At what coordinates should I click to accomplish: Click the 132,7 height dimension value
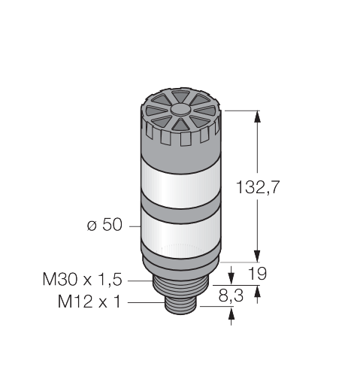pyautogui.click(x=258, y=187)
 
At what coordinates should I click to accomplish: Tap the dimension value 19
pyautogui.click(x=257, y=274)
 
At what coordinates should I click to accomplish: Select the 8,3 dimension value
pyautogui.click(x=231, y=296)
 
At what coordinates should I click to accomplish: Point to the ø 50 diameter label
pyautogui.click(x=104, y=224)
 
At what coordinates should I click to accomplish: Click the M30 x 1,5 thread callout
pyautogui.click(x=82, y=279)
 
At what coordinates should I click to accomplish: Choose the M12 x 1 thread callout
pyautogui.click(x=89, y=301)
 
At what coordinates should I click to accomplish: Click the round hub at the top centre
pyautogui.click(x=180, y=110)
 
